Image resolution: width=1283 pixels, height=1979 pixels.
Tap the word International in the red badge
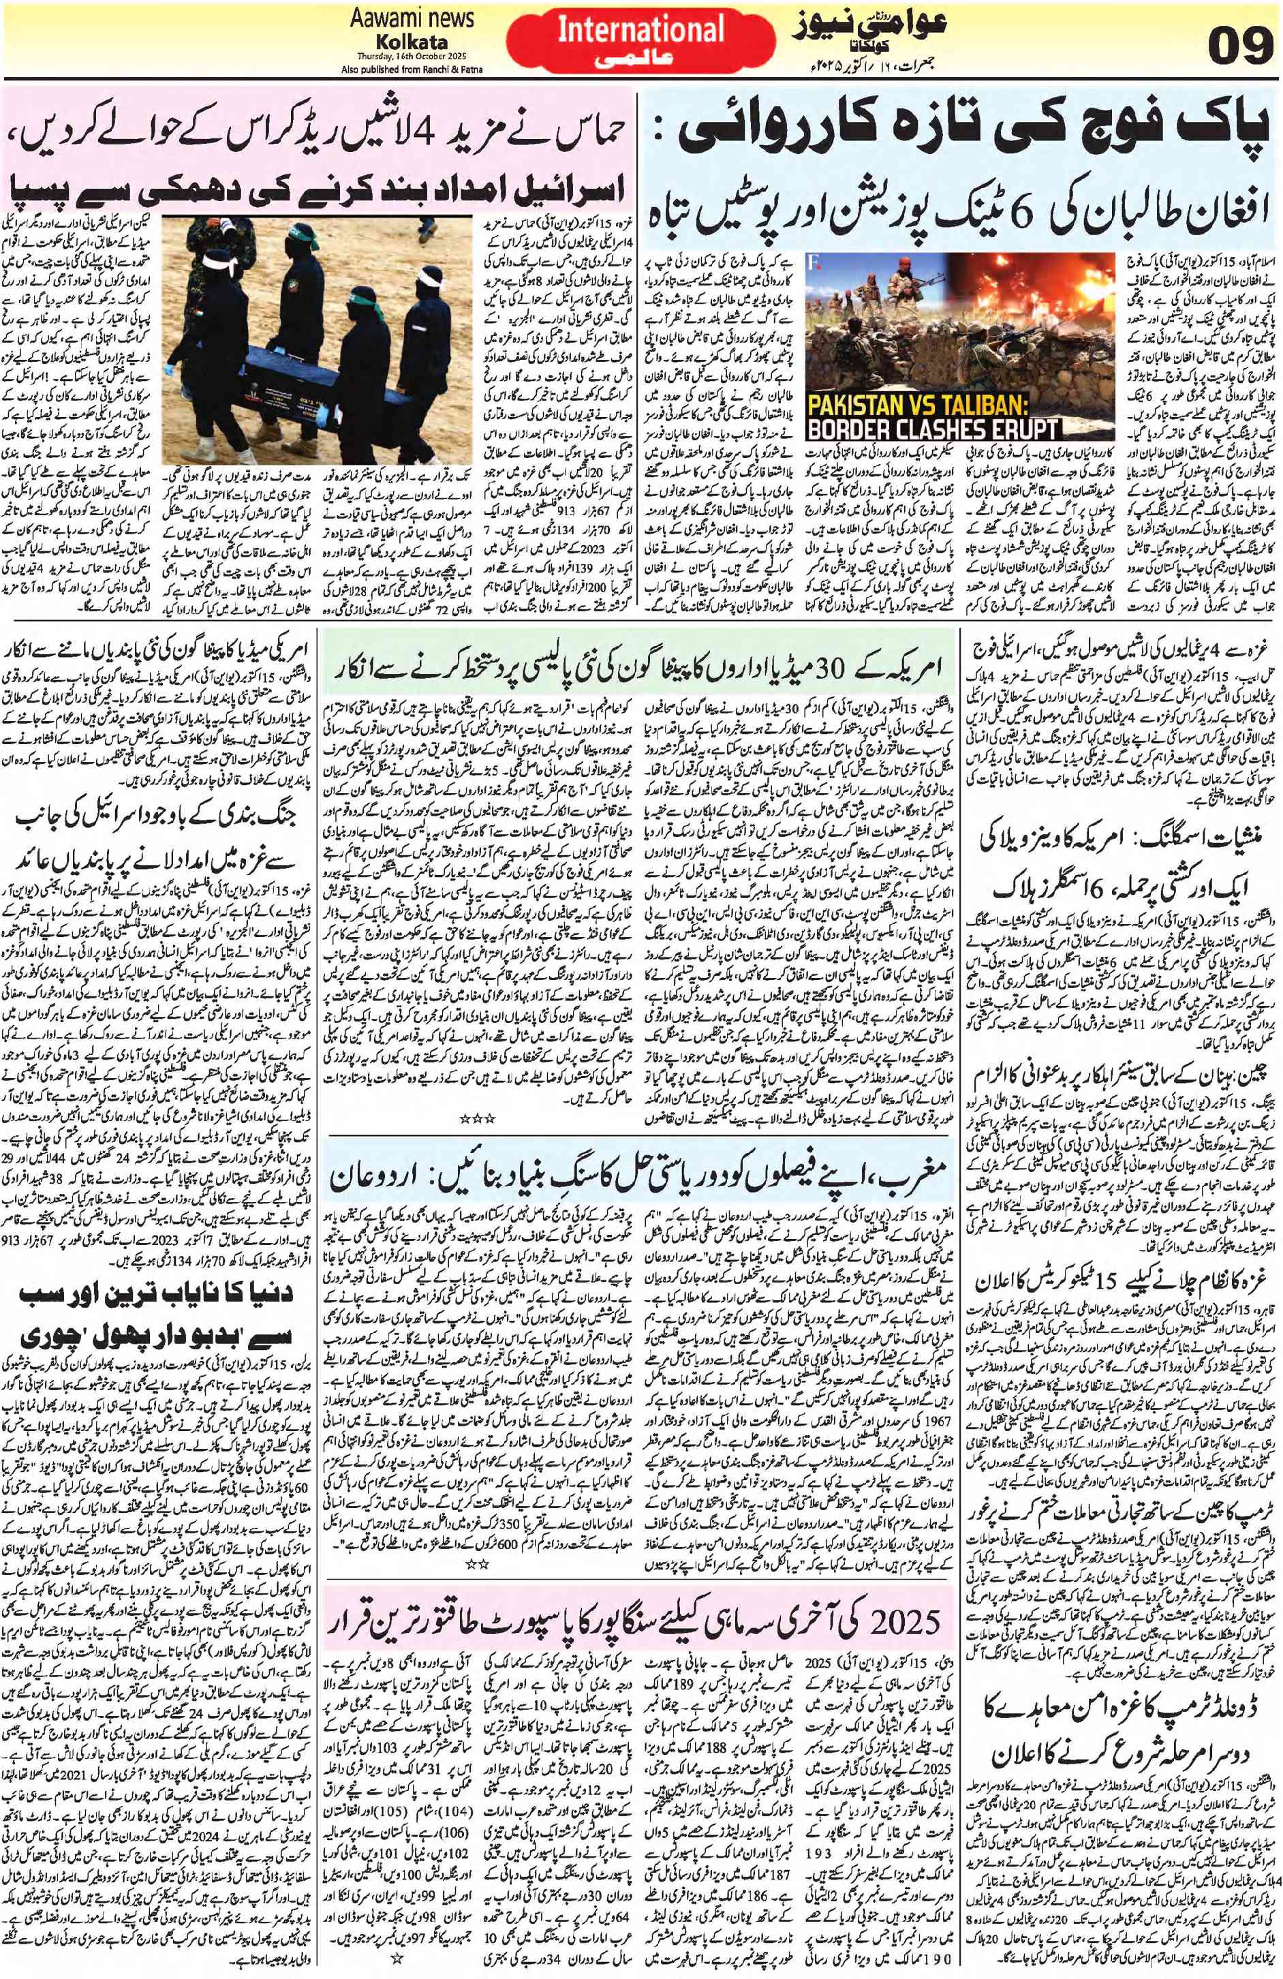click(x=641, y=30)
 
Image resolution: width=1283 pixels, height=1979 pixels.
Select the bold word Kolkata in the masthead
click(x=412, y=42)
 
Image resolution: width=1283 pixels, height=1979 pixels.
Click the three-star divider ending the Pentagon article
click(x=482, y=1118)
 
